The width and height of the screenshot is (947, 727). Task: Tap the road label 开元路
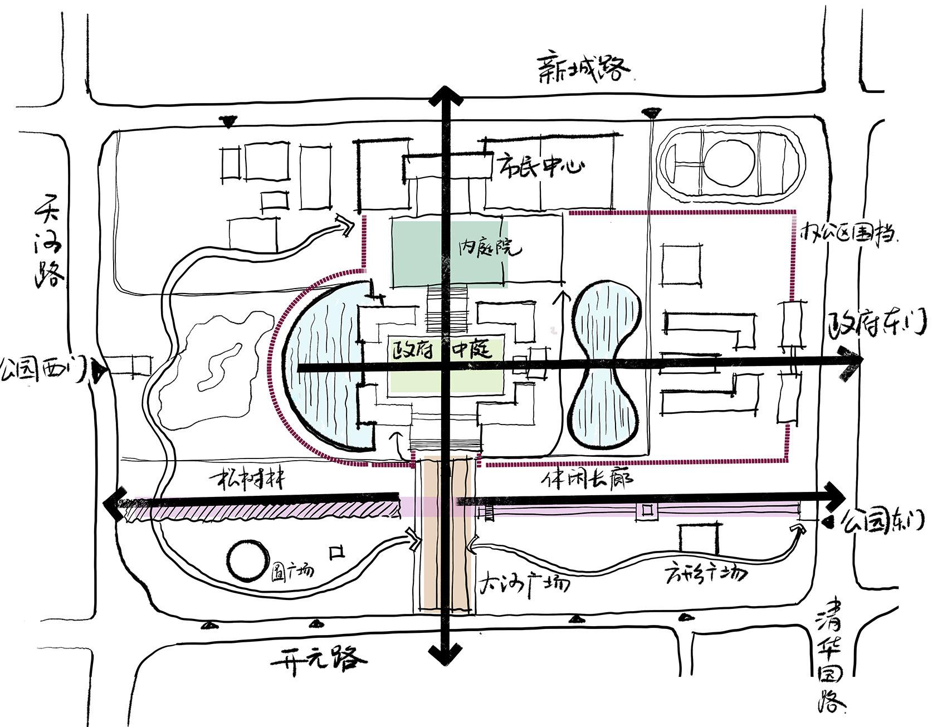point(319,660)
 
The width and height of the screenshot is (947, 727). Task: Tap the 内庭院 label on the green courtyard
point(490,248)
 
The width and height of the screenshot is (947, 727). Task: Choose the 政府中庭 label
point(441,350)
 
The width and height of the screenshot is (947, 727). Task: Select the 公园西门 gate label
point(43,368)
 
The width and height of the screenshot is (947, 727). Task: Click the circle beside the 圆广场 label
point(247,560)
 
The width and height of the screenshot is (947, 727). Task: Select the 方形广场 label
point(705,573)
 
